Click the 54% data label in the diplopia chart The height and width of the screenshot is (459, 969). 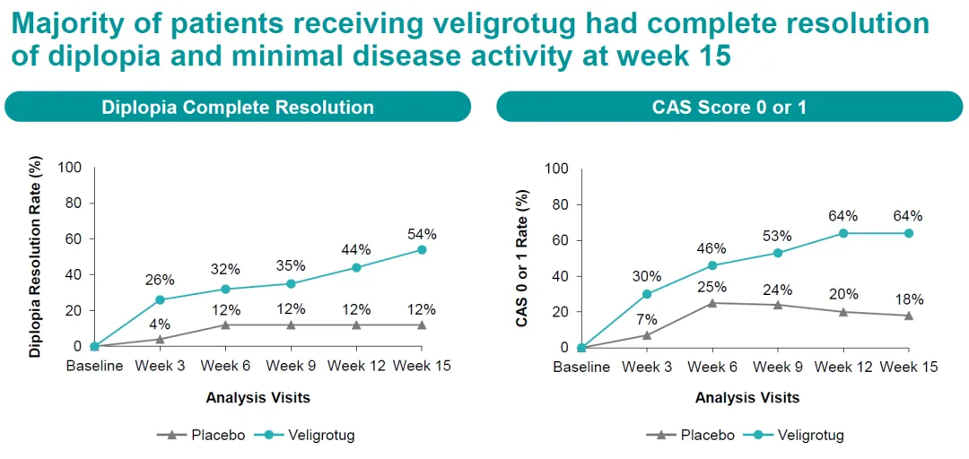(x=422, y=234)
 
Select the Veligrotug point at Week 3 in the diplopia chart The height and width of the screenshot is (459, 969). (x=160, y=299)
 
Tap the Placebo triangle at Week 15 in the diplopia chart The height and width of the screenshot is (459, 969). (x=422, y=325)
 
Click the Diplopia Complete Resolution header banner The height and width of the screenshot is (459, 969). (x=238, y=107)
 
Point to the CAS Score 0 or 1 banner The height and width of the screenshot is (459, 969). (x=729, y=107)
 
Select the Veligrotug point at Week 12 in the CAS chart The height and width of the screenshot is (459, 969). (x=843, y=233)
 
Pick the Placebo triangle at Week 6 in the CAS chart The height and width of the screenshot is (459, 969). (x=712, y=303)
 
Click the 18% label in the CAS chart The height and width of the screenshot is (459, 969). (x=909, y=300)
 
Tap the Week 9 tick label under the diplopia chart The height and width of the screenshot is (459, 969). (x=291, y=366)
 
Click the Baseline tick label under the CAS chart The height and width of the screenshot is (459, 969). (x=581, y=367)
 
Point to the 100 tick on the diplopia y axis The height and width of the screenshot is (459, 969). (x=70, y=167)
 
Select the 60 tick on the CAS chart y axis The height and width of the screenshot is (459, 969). (x=561, y=240)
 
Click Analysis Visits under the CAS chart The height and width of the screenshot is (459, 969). (x=746, y=397)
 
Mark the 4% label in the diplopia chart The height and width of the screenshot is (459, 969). (x=160, y=324)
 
